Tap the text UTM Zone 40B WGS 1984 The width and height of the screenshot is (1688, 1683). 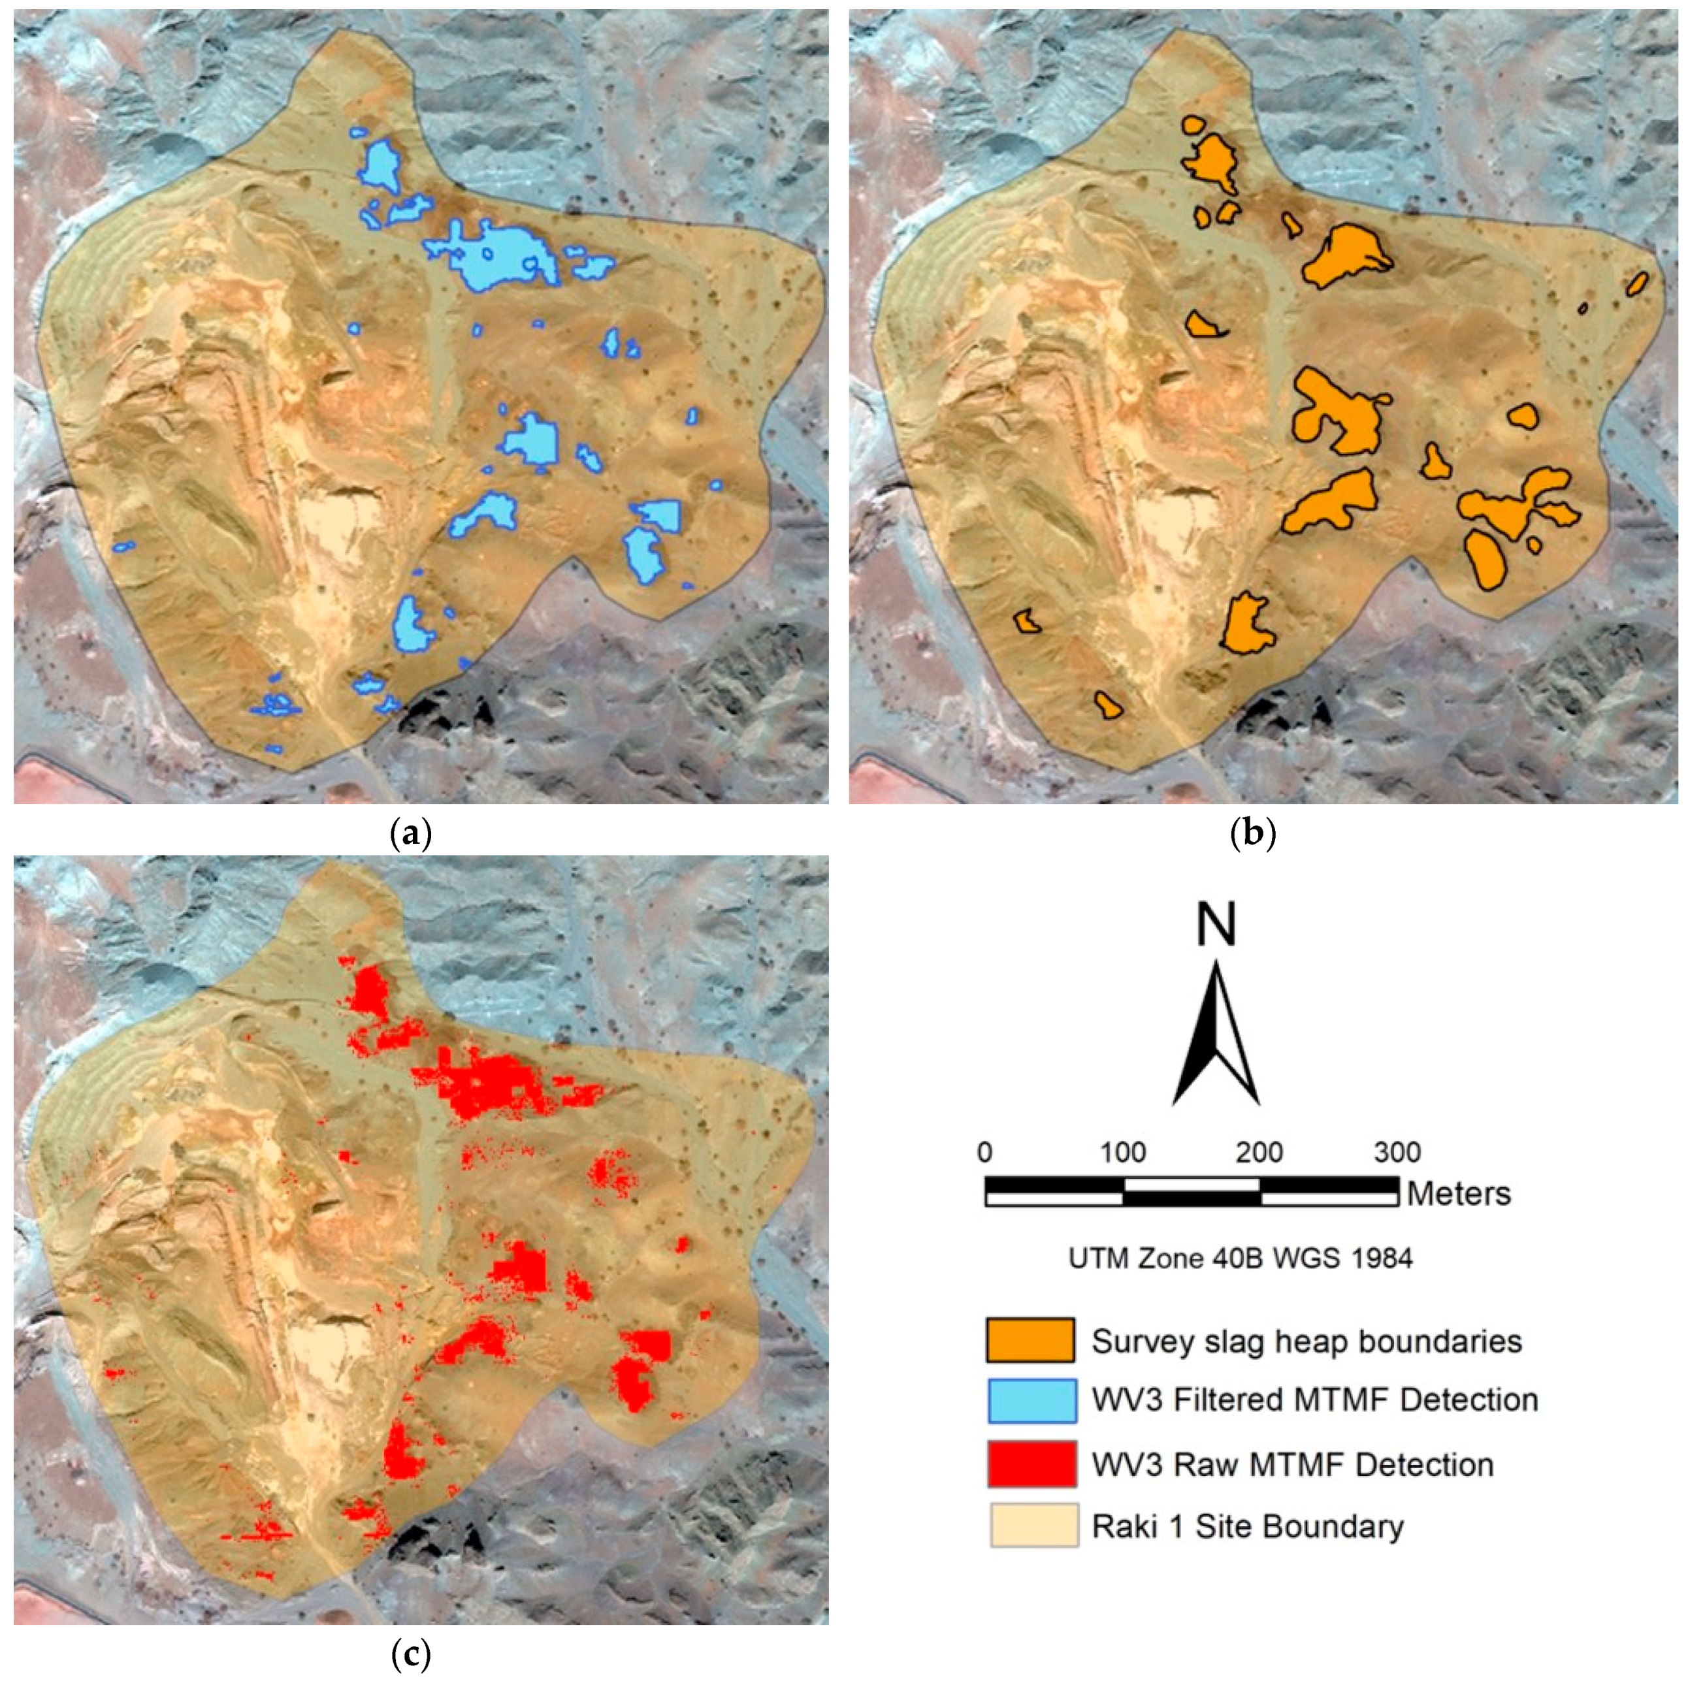tap(1241, 1258)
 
